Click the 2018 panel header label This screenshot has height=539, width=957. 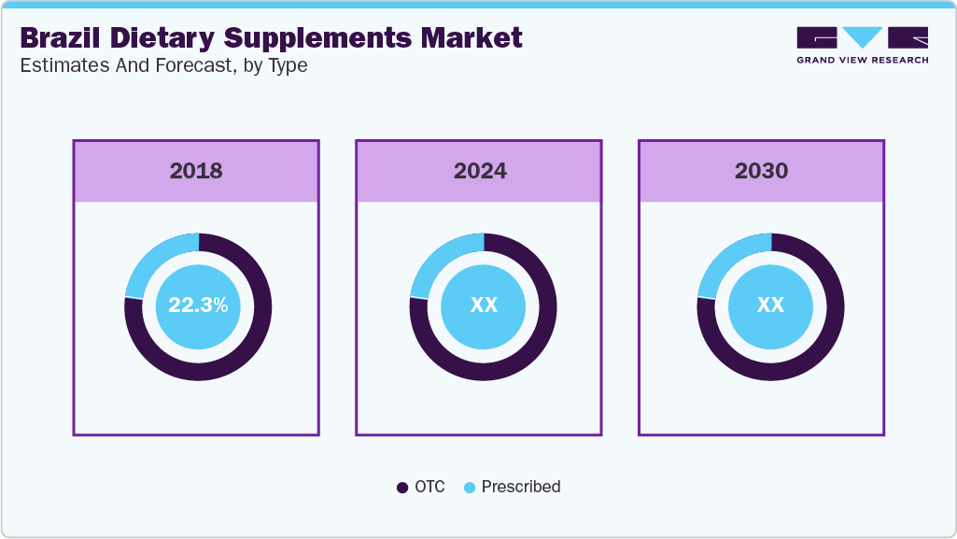(196, 171)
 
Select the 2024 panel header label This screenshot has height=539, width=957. (480, 171)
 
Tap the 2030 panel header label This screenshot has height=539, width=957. (761, 171)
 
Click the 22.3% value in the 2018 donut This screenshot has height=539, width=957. (198, 305)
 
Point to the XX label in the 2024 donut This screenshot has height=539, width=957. (484, 305)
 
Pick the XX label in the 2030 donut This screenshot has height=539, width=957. (770, 305)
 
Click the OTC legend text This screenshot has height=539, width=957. (430, 487)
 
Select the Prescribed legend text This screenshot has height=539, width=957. (521, 487)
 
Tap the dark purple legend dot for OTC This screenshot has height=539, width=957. (402, 488)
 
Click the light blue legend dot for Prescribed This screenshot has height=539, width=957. (470, 488)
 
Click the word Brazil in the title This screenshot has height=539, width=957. (59, 38)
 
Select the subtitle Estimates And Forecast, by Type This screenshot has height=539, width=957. (163, 66)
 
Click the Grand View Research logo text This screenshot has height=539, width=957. (862, 60)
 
